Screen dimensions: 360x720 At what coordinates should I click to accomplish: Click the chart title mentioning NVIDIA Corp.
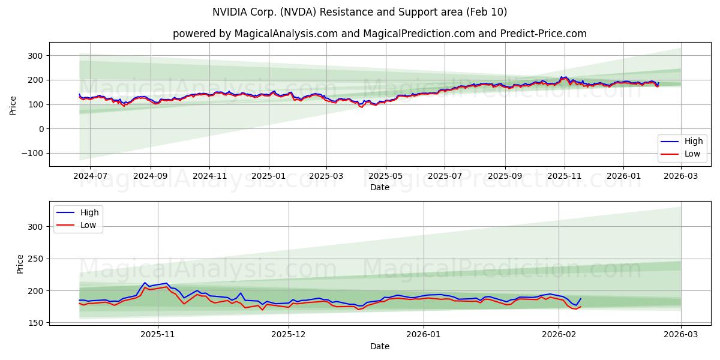[x=359, y=12]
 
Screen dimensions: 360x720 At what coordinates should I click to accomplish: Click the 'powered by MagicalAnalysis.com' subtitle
[x=379, y=34]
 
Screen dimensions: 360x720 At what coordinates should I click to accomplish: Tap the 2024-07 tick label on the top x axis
[x=90, y=176]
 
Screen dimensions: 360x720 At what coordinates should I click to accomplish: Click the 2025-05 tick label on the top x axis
[x=385, y=176]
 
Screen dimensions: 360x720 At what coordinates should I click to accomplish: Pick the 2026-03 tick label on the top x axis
[x=681, y=176]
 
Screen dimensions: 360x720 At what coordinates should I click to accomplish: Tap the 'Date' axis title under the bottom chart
[x=379, y=346]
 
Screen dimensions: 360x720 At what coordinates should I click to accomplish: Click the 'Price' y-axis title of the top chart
[x=13, y=105]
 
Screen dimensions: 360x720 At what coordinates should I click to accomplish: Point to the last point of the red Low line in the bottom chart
[x=580, y=307]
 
